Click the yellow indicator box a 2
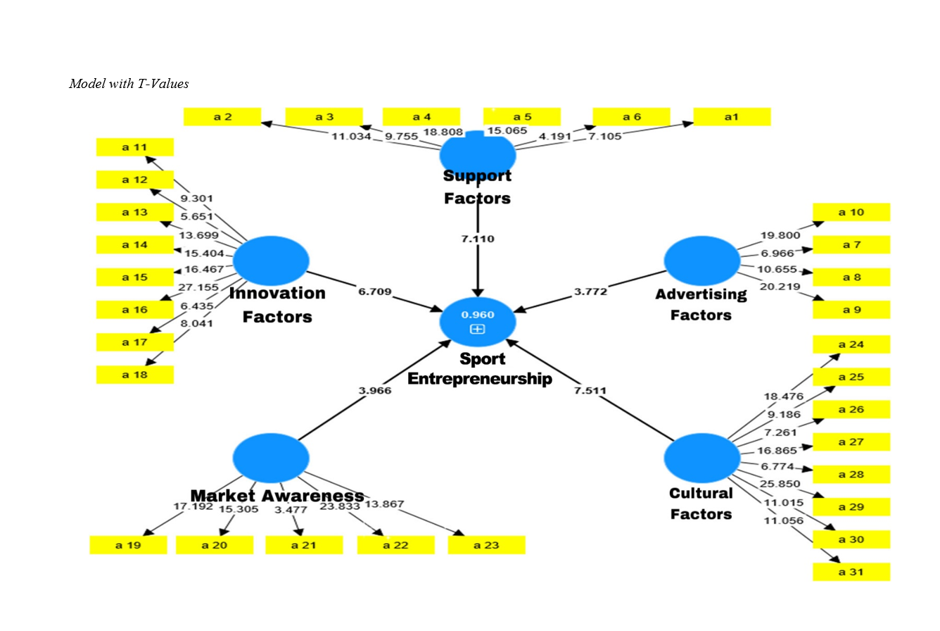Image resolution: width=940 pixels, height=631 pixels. click(x=222, y=117)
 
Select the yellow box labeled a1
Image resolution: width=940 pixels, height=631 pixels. click(x=732, y=117)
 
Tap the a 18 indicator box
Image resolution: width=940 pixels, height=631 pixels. click(x=134, y=375)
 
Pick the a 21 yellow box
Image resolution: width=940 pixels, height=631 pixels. click(x=304, y=545)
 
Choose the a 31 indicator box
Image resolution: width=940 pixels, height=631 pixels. click(x=851, y=572)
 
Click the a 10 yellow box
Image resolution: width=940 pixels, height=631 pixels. click(x=851, y=212)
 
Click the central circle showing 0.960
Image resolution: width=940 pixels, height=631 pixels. click(x=478, y=320)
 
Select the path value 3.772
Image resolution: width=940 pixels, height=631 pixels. click(x=590, y=291)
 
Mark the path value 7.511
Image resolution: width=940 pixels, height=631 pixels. click(x=590, y=391)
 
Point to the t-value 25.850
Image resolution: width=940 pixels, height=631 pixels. click(x=778, y=484)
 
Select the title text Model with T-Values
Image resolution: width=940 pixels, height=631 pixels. click(x=129, y=84)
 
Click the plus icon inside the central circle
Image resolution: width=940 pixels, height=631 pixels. click(x=478, y=329)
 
